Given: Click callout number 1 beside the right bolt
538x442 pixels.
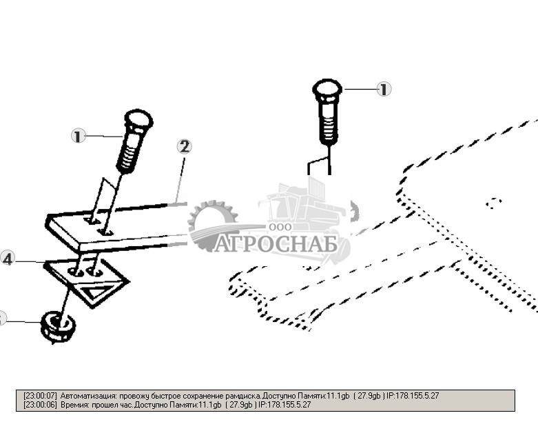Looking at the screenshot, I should [384, 89].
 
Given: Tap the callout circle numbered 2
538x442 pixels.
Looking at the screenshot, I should [184, 146].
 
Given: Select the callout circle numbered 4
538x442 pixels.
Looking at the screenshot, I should [8, 259].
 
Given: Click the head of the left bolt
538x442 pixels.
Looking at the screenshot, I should [138, 121].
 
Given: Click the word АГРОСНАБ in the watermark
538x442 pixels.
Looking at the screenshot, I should [275, 244].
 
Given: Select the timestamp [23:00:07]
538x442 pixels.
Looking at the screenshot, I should [40, 396].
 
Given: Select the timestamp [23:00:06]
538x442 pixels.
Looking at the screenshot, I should [40, 405].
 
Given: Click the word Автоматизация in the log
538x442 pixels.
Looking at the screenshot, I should [88, 396].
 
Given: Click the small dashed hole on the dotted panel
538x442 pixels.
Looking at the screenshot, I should [493, 203].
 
